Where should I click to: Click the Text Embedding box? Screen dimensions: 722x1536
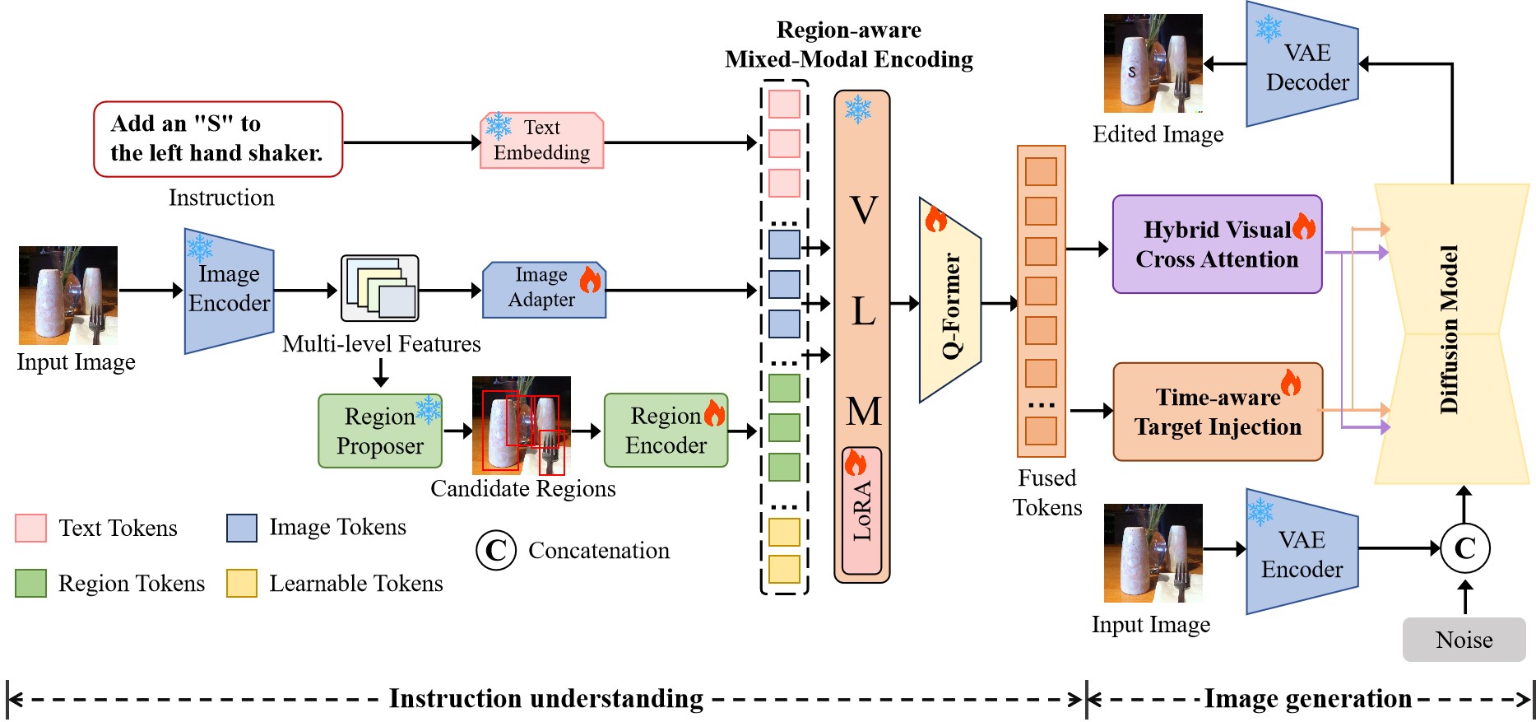point(541,141)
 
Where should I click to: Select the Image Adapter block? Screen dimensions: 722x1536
point(544,289)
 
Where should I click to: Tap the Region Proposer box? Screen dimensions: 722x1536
point(380,431)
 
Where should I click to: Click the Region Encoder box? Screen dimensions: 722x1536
point(666,431)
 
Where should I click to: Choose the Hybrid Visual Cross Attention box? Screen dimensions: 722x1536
point(1217,245)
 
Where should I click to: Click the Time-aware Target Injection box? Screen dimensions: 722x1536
point(1218,412)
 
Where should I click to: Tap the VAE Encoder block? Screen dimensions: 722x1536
point(1302,552)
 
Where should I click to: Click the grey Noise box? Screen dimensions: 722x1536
point(1464,640)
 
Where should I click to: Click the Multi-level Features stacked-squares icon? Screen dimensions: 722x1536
point(380,288)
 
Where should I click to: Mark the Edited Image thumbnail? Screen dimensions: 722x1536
point(1153,63)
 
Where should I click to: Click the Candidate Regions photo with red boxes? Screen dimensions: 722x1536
point(521,425)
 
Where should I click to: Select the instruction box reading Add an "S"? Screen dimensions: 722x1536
point(218,139)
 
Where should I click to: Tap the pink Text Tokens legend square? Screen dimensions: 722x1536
point(30,528)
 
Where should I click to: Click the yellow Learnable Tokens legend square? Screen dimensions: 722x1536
point(242,583)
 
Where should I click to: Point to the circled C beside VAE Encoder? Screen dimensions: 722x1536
point(1464,548)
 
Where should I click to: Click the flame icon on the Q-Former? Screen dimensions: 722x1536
point(936,220)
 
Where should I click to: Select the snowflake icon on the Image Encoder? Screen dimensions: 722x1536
point(200,247)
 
